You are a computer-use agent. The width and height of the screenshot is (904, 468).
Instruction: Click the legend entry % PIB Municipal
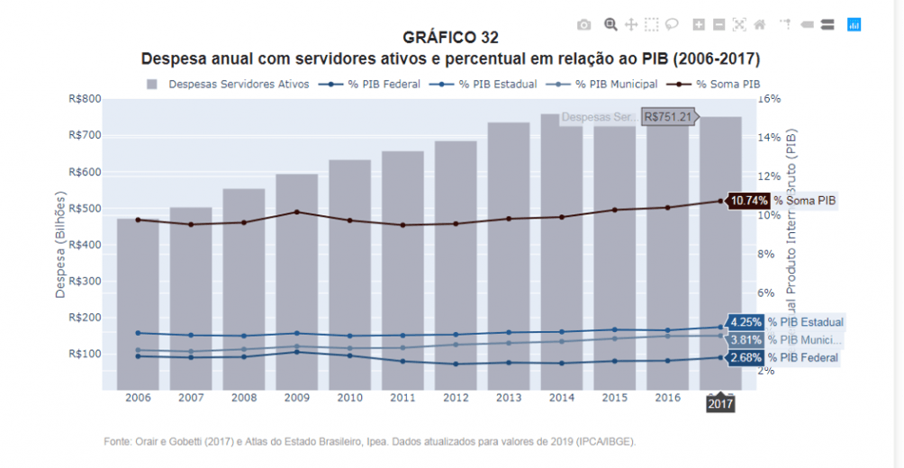pyautogui.click(x=616, y=84)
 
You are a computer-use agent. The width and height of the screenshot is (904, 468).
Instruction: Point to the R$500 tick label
pyautogui.click(x=84, y=208)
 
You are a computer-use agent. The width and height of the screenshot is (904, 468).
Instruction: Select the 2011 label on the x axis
pyautogui.click(x=402, y=398)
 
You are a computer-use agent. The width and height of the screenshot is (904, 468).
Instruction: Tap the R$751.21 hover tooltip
pyautogui.click(x=668, y=116)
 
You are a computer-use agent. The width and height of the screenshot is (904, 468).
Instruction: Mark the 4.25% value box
pyautogui.click(x=746, y=321)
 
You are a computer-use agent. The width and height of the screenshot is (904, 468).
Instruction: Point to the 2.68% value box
pyautogui.click(x=746, y=357)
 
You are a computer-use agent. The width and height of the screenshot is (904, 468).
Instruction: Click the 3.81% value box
pyautogui.click(x=746, y=340)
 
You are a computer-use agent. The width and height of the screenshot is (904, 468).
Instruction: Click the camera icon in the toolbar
pyautogui.click(x=584, y=24)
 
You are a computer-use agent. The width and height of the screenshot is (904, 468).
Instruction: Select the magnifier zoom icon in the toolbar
pyautogui.click(x=610, y=24)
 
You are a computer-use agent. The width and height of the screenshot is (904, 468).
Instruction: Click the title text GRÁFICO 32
pyautogui.click(x=450, y=38)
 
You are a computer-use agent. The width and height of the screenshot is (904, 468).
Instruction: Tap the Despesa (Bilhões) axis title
pyautogui.click(x=61, y=244)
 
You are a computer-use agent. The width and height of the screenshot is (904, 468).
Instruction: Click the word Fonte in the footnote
pyautogui.click(x=118, y=442)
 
